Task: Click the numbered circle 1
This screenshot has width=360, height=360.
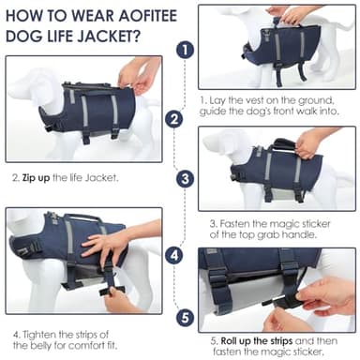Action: point(186,49)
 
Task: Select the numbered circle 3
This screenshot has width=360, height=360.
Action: point(186,177)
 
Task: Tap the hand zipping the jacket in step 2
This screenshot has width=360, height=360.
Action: point(137,75)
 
